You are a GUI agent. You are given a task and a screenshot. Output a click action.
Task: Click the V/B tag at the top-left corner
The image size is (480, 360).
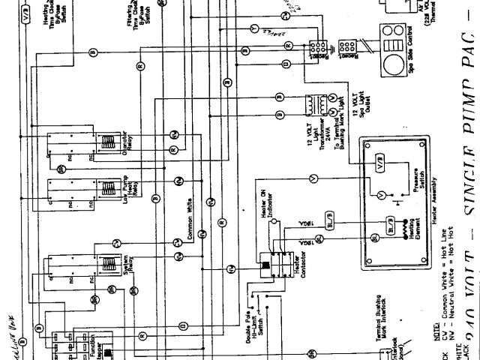pos(26,15)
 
